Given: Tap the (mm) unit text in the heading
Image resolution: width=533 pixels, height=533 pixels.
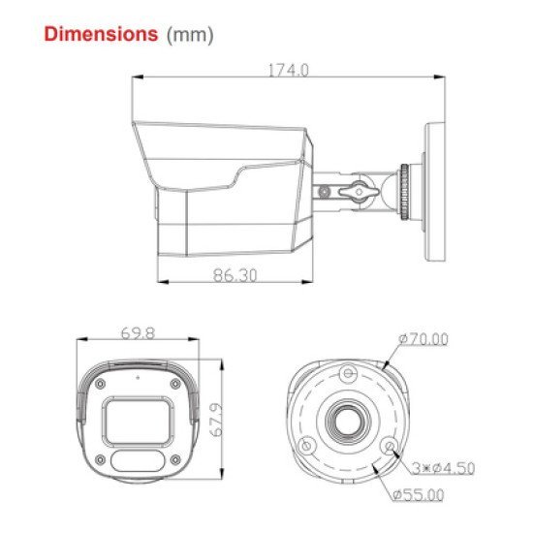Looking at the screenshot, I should click(190, 34).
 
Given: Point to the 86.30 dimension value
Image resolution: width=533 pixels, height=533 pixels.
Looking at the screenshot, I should click(235, 275).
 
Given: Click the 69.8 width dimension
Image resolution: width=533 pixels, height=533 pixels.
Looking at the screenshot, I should click(140, 333).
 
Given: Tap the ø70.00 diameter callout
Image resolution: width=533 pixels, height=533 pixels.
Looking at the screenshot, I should click(423, 339).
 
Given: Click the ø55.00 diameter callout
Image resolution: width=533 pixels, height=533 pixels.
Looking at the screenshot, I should click(418, 495).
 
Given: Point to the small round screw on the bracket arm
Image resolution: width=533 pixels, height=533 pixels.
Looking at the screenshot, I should click(324, 191).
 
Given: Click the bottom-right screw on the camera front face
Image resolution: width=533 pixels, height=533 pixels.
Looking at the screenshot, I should click(174, 461).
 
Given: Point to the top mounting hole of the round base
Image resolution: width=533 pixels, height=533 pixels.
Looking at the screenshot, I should click(347, 370).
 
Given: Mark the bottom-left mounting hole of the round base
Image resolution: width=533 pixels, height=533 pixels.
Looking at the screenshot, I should click(306, 445).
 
